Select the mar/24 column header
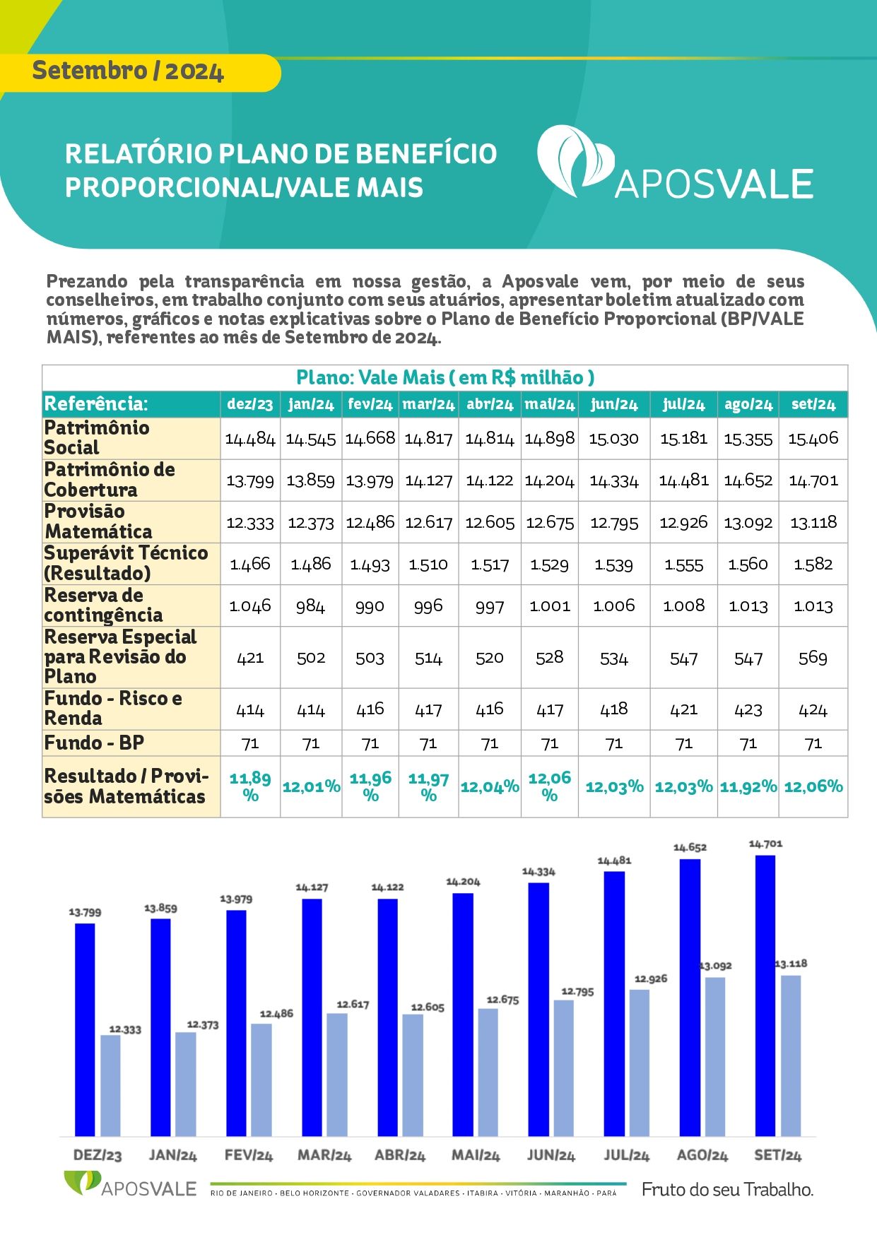(x=428, y=404)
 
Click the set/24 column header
(x=813, y=404)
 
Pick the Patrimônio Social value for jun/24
(x=614, y=439)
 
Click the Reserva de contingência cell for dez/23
(x=250, y=606)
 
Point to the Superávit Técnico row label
(x=126, y=563)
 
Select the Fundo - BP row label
(x=94, y=743)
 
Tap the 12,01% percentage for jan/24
(x=311, y=786)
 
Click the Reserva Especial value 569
(x=813, y=658)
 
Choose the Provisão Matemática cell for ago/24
(x=748, y=523)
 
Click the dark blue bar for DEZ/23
(x=85, y=1029)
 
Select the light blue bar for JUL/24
(x=639, y=1063)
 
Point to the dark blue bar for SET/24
(x=765, y=996)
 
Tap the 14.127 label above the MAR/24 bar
(x=312, y=887)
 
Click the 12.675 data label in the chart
(x=502, y=1000)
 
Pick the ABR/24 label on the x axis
(x=400, y=1155)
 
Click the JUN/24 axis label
(x=551, y=1155)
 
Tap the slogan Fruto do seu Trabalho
(x=727, y=1189)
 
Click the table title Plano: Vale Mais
(x=445, y=377)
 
